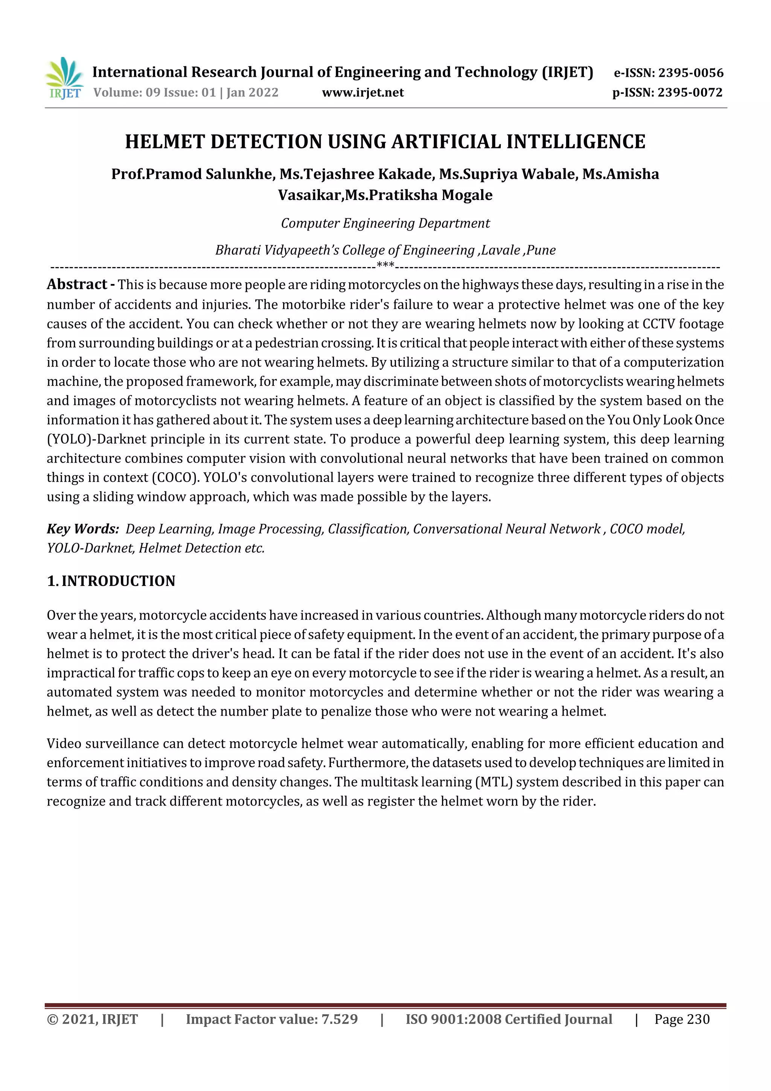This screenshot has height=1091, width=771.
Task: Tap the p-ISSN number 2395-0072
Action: (x=690, y=92)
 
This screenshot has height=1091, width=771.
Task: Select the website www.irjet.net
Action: (x=363, y=92)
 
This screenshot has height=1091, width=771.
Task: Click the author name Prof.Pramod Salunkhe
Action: (x=192, y=174)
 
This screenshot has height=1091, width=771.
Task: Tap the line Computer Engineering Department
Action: (x=385, y=223)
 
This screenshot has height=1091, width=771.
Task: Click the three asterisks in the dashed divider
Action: (x=385, y=265)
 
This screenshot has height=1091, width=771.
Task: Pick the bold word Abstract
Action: (x=77, y=284)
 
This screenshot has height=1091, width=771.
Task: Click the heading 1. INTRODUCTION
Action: (x=111, y=581)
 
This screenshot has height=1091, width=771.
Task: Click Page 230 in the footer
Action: (x=682, y=1019)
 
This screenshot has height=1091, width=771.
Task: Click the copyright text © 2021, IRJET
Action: (x=92, y=1019)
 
